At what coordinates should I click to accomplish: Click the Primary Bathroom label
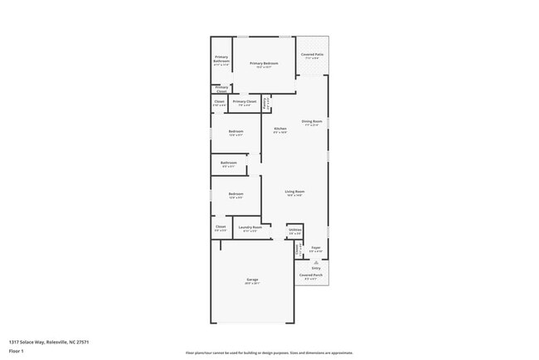(x=221, y=60)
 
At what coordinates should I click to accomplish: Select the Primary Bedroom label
(x=264, y=64)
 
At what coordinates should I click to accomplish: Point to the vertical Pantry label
(x=265, y=105)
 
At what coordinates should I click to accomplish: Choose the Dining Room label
(x=312, y=121)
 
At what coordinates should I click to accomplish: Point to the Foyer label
(x=316, y=248)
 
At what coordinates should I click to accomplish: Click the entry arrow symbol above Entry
(x=316, y=262)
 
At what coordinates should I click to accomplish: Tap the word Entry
(x=316, y=268)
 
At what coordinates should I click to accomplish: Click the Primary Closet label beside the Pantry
(x=245, y=102)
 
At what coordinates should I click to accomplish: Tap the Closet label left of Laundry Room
(x=221, y=227)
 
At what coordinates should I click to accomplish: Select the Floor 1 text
(x=17, y=351)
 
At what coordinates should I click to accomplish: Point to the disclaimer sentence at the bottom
(x=269, y=352)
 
